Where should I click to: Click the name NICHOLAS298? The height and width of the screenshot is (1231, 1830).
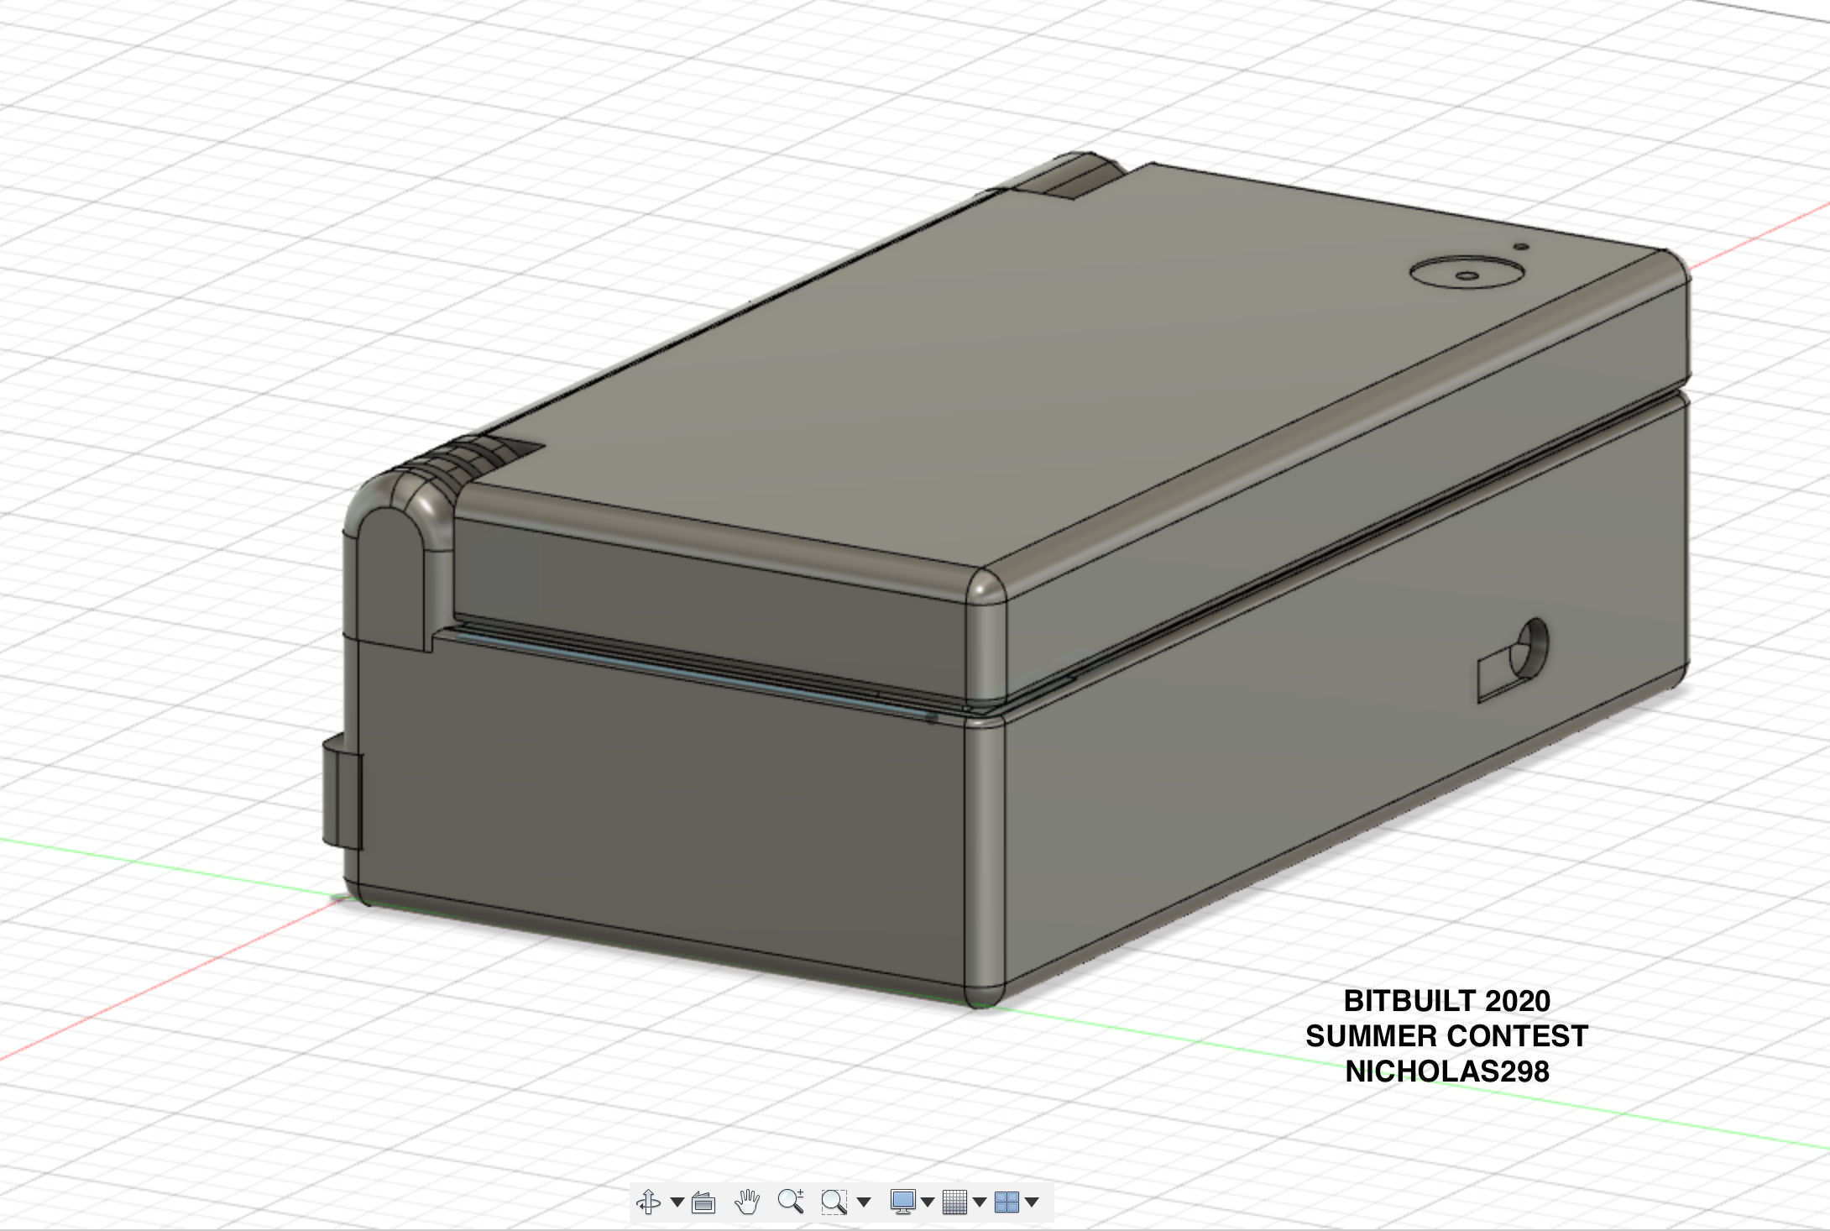pyautogui.click(x=1447, y=1071)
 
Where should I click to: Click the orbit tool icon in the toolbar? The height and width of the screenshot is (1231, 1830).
pyautogui.click(x=648, y=1202)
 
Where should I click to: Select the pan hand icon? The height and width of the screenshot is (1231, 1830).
pyautogui.click(x=746, y=1202)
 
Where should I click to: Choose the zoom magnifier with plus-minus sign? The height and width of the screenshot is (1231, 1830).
pyautogui.click(x=790, y=1202)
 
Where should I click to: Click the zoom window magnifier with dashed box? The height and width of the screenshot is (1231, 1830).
pyautogui.click(x=834, y=1202)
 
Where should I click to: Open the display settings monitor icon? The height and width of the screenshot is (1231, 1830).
pyautogui.click(x=903, y=1202)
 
